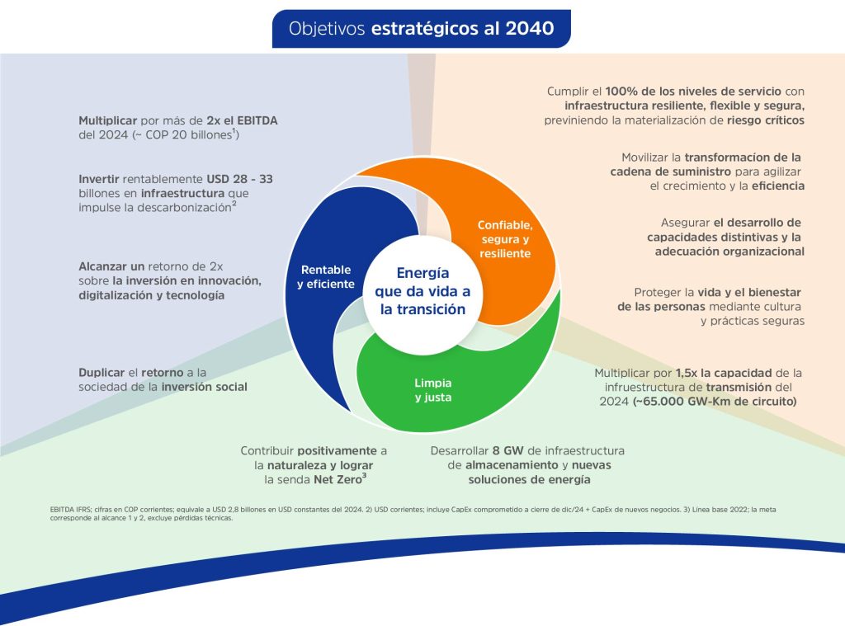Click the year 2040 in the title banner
(x=531, y=28)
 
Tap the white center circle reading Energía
(x=422, y=291)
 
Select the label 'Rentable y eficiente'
(x=326, y=276)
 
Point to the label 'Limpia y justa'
(x=432, y=390)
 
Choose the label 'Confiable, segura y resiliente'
(x=505, y=238)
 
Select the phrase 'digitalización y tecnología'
(x=151, y=295)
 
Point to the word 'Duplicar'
(x=103, y=372)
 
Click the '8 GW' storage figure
(x=508, y=450)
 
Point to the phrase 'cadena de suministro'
(x=659, y=172)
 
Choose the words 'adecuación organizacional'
(x=729, y=252)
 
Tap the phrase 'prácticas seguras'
(x=752, y=321)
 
